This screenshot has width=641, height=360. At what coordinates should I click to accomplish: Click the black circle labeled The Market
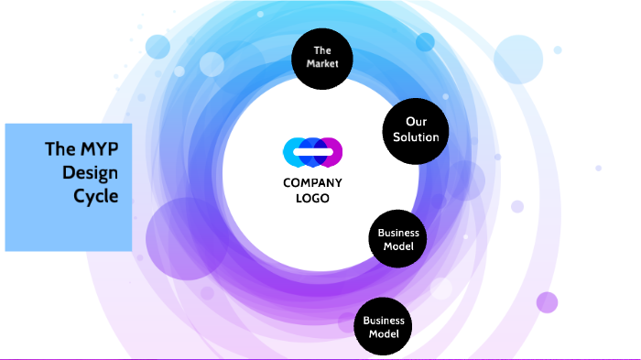coord(320,58)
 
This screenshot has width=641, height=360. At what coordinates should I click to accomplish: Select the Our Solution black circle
coord(416,130)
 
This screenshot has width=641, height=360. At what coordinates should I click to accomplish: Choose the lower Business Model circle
coord(383,327)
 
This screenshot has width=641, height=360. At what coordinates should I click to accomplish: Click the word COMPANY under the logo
coord(312,183)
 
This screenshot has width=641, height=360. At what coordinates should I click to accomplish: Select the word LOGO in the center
coord(312,198)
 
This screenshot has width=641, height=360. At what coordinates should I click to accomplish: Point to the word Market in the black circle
coord(321,64)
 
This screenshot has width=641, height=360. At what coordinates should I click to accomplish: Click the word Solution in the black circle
coord(416,137)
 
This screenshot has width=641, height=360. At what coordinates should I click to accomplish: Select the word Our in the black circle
coord(417,122)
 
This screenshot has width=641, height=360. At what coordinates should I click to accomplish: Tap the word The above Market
coord(321,50)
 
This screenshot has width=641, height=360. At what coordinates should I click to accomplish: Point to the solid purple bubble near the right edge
coord(547,302)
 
